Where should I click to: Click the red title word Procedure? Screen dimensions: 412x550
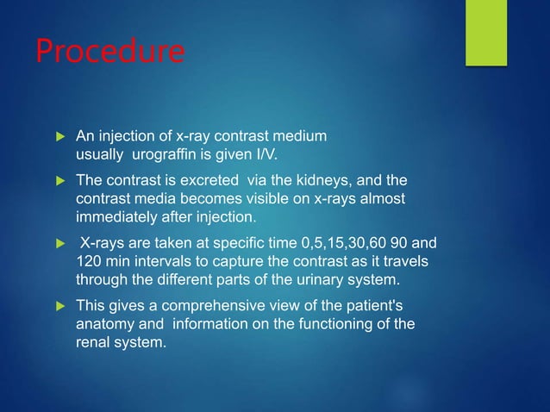pyautogui.click(x=109, y=52)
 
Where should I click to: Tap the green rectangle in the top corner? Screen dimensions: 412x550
pyautogui.click(x=487, y=31)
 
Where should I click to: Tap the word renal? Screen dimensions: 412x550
pyautogui.click(x=93, y=343)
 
